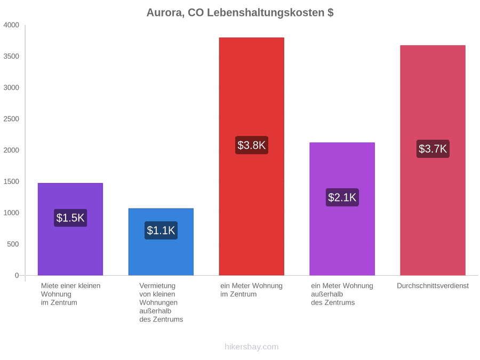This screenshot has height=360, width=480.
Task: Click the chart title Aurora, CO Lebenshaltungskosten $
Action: click(x=240, y=13)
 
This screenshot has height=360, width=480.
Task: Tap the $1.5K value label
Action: click(x=70, y=218)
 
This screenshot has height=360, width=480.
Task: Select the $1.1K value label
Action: click(x=161, y=230)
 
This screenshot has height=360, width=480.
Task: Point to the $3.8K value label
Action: click(x=252, y=145)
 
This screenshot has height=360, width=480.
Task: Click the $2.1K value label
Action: click(x=342, y=197)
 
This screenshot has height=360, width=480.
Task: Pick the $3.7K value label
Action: click(x=433, y=149)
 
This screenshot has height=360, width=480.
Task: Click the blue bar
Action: click(x=161, y=242)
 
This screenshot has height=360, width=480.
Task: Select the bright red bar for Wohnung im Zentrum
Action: click(x=252, y=156)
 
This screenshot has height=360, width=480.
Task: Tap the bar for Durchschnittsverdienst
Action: click(x=433, y=161)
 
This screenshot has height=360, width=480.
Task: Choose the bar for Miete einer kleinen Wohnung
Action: click(x=70, y=229)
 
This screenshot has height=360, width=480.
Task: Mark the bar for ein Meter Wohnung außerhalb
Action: click(x=342, y=209)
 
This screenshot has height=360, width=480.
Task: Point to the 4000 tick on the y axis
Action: click(x=11, y=25)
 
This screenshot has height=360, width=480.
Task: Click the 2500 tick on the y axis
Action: click(x=11, y=119)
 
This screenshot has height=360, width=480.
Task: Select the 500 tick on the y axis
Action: click(x=13, y=244)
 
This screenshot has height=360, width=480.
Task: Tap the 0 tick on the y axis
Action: click(x=17, y=276)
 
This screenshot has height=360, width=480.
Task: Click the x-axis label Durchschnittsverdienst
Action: click(x=433, y=286)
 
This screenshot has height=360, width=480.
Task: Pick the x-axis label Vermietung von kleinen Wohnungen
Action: click(x=161, y=302)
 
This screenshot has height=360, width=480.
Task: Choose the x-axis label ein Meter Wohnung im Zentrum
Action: click(x=251, y=290)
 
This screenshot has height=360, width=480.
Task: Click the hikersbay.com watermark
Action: click(x=252, y=347)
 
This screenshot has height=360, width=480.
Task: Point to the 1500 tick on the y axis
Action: click(x=11, y=181)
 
